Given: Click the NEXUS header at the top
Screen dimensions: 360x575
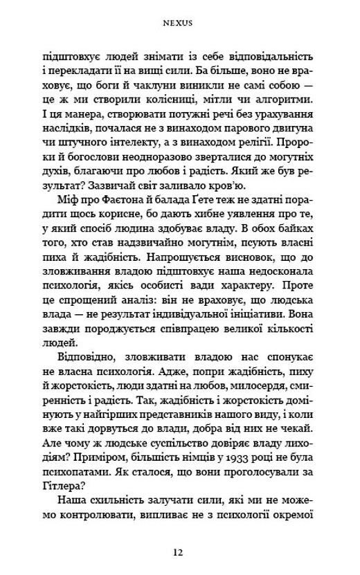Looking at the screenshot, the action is (x=179, y=21).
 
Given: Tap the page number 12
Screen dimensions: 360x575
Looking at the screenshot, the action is (x=179, y=552).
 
